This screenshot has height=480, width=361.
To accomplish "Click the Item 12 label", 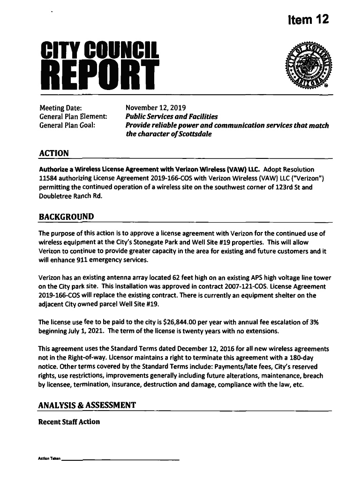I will coord(308,20).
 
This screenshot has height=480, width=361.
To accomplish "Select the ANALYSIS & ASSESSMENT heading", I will coord(88,405).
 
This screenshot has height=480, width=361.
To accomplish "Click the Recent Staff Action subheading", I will coord(69,422).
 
